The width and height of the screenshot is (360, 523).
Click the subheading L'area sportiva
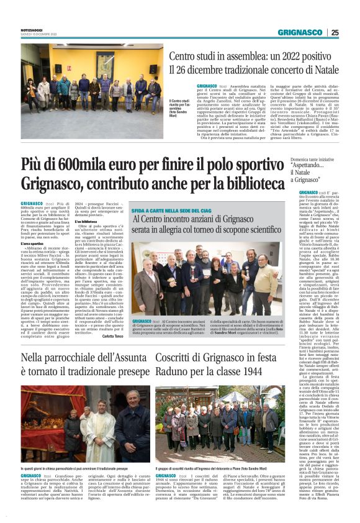[32, 244]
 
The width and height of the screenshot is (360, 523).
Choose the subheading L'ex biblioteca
[86, 221]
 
